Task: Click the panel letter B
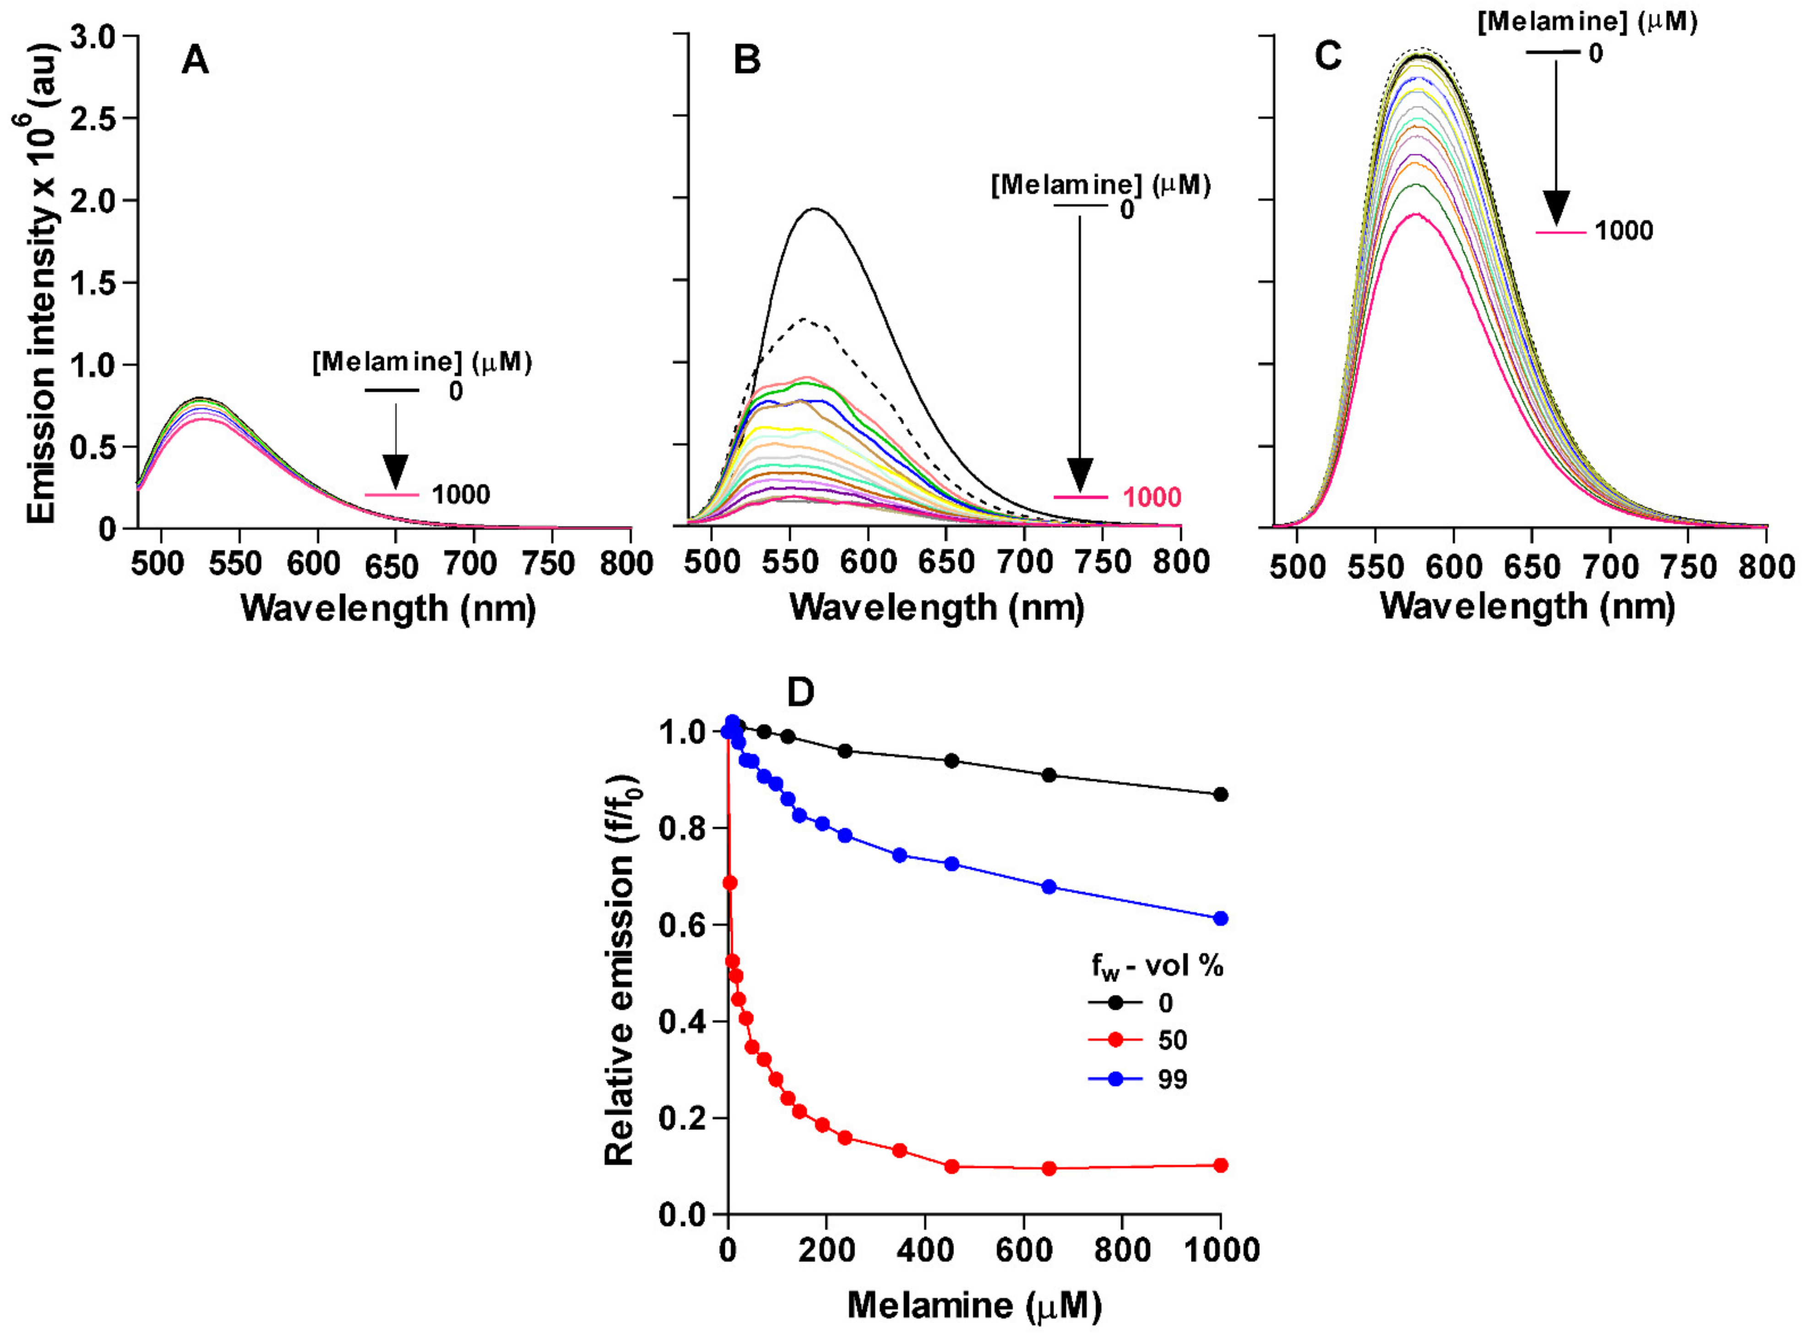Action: click(747, 60)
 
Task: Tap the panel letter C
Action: click(1328, 56)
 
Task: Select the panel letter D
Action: click(800, 693)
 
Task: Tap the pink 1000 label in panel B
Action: click(1152, 498)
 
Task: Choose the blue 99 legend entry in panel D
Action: click(1172, 1079)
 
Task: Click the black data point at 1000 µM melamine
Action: click(1220, 795)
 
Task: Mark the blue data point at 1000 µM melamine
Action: click(1220, 918)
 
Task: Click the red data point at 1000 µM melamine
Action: click(1220, 1165)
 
